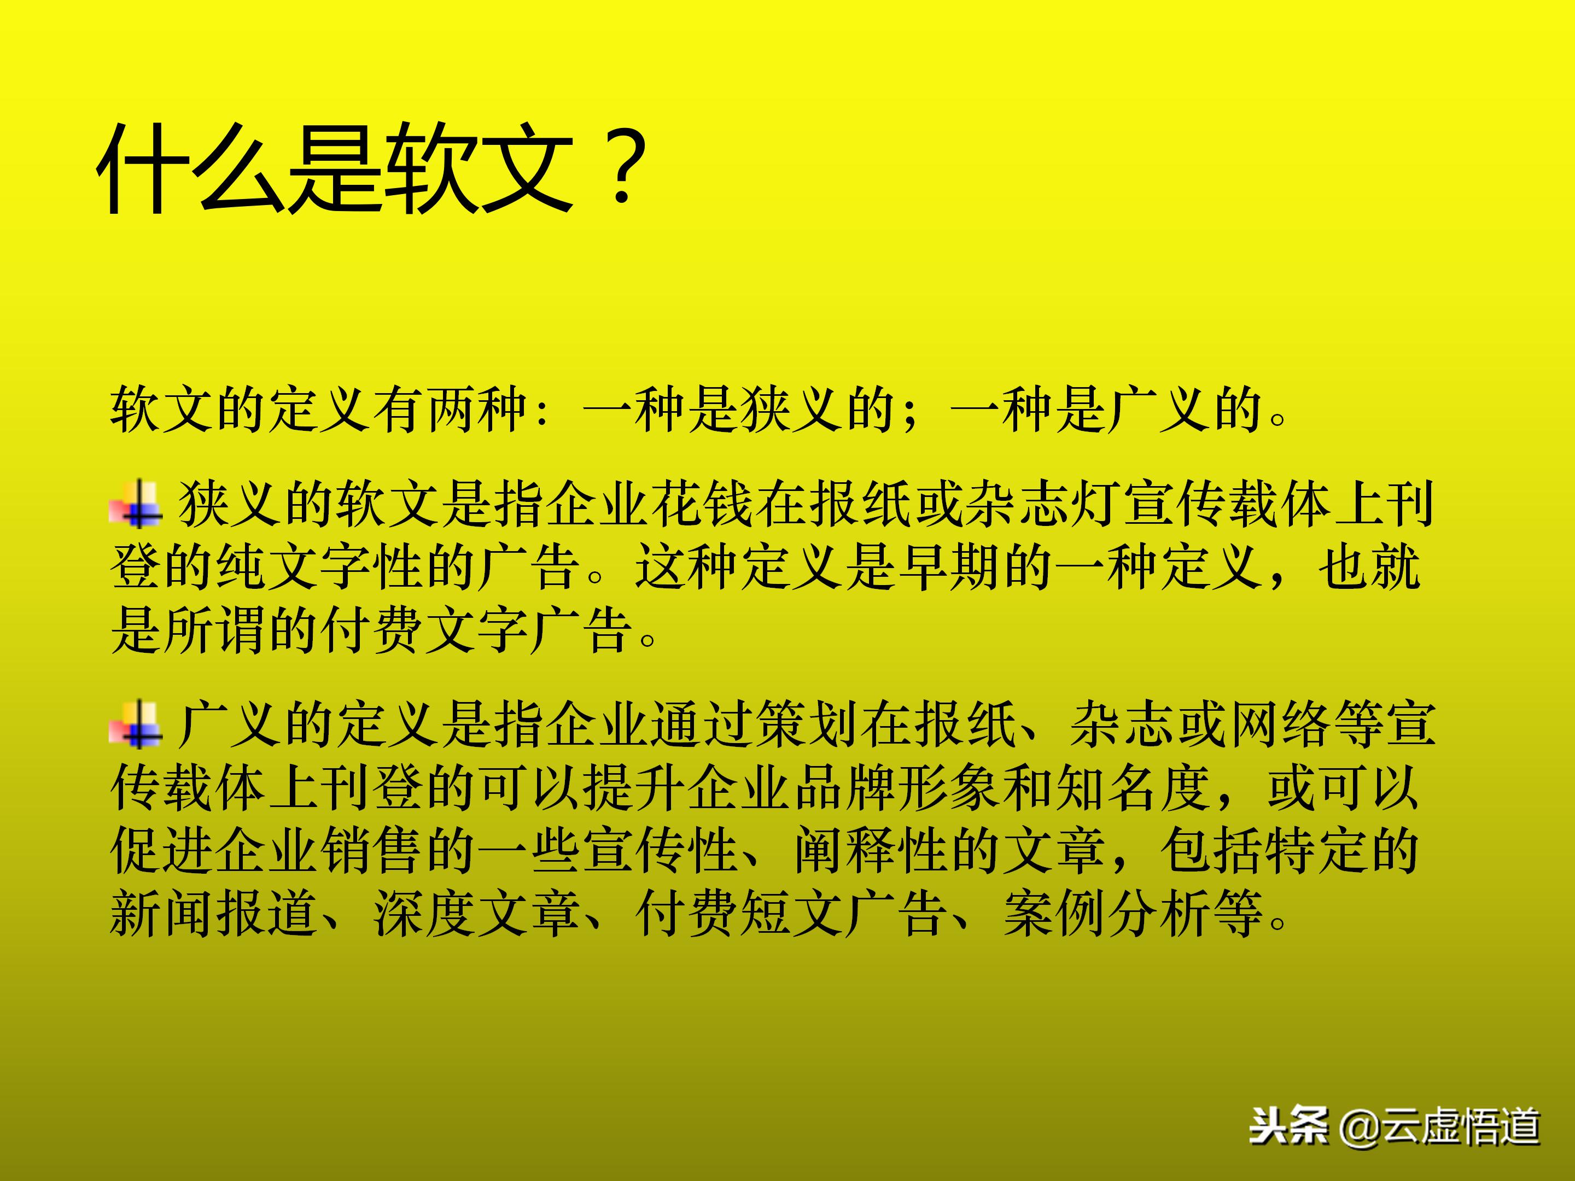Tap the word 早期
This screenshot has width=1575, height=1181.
[951, 568]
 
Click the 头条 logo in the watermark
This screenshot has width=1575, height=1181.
[1290, 1126]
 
